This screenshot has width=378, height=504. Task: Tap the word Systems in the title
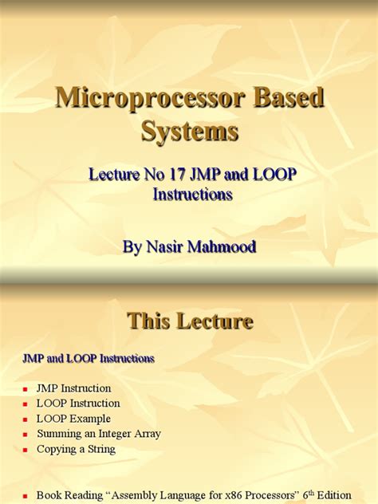(189, 131)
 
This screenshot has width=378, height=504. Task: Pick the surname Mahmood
(221, 246)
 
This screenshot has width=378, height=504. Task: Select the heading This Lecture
(190, 321)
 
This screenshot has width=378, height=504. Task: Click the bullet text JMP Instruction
(74, 388)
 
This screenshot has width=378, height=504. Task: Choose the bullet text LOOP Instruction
(78, 404)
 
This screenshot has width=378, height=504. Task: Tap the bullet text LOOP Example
(73, 419)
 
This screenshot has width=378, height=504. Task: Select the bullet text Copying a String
(76, 449)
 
